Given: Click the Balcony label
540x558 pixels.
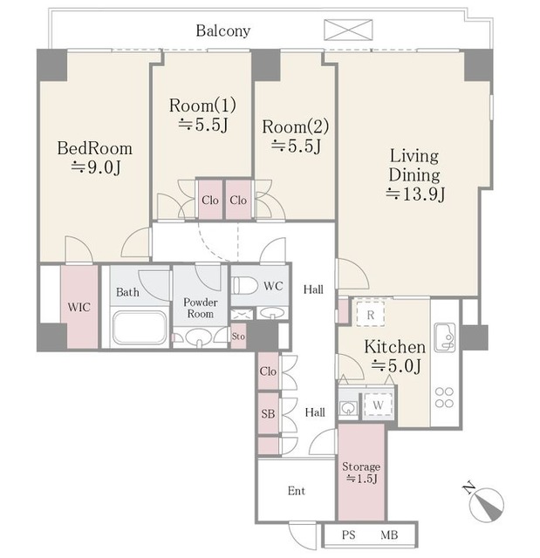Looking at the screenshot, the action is tap(223, 31).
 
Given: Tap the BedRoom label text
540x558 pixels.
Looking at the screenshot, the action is tap(95, 148).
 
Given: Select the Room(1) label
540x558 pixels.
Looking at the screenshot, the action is tap(202, 105).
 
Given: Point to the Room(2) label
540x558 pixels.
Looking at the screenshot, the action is tap(296, 126).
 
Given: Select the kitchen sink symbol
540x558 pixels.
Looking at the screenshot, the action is tap(445, 337).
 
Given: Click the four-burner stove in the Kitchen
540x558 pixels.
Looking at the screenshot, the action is tap(444, 398).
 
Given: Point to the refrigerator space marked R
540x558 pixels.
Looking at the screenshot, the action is tap(371, 314).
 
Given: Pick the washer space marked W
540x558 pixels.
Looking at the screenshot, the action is tap(378, 405).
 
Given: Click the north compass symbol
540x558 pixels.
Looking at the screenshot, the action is tap(486, 504).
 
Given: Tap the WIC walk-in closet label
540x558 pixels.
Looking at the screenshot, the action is tap(79, 307).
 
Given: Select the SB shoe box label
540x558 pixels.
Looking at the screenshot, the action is tap(268, 413).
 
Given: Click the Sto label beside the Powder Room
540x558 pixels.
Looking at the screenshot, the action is tap(238, 336).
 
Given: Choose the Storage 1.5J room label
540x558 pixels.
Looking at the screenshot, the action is tap(361, 473).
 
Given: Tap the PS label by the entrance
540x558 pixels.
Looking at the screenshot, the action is tap(348, 534).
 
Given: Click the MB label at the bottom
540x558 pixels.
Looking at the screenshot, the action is tap(389, 534).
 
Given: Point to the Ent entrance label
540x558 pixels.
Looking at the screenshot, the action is tap(297, 491).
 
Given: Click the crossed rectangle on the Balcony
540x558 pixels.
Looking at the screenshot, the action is tap(348, 30).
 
